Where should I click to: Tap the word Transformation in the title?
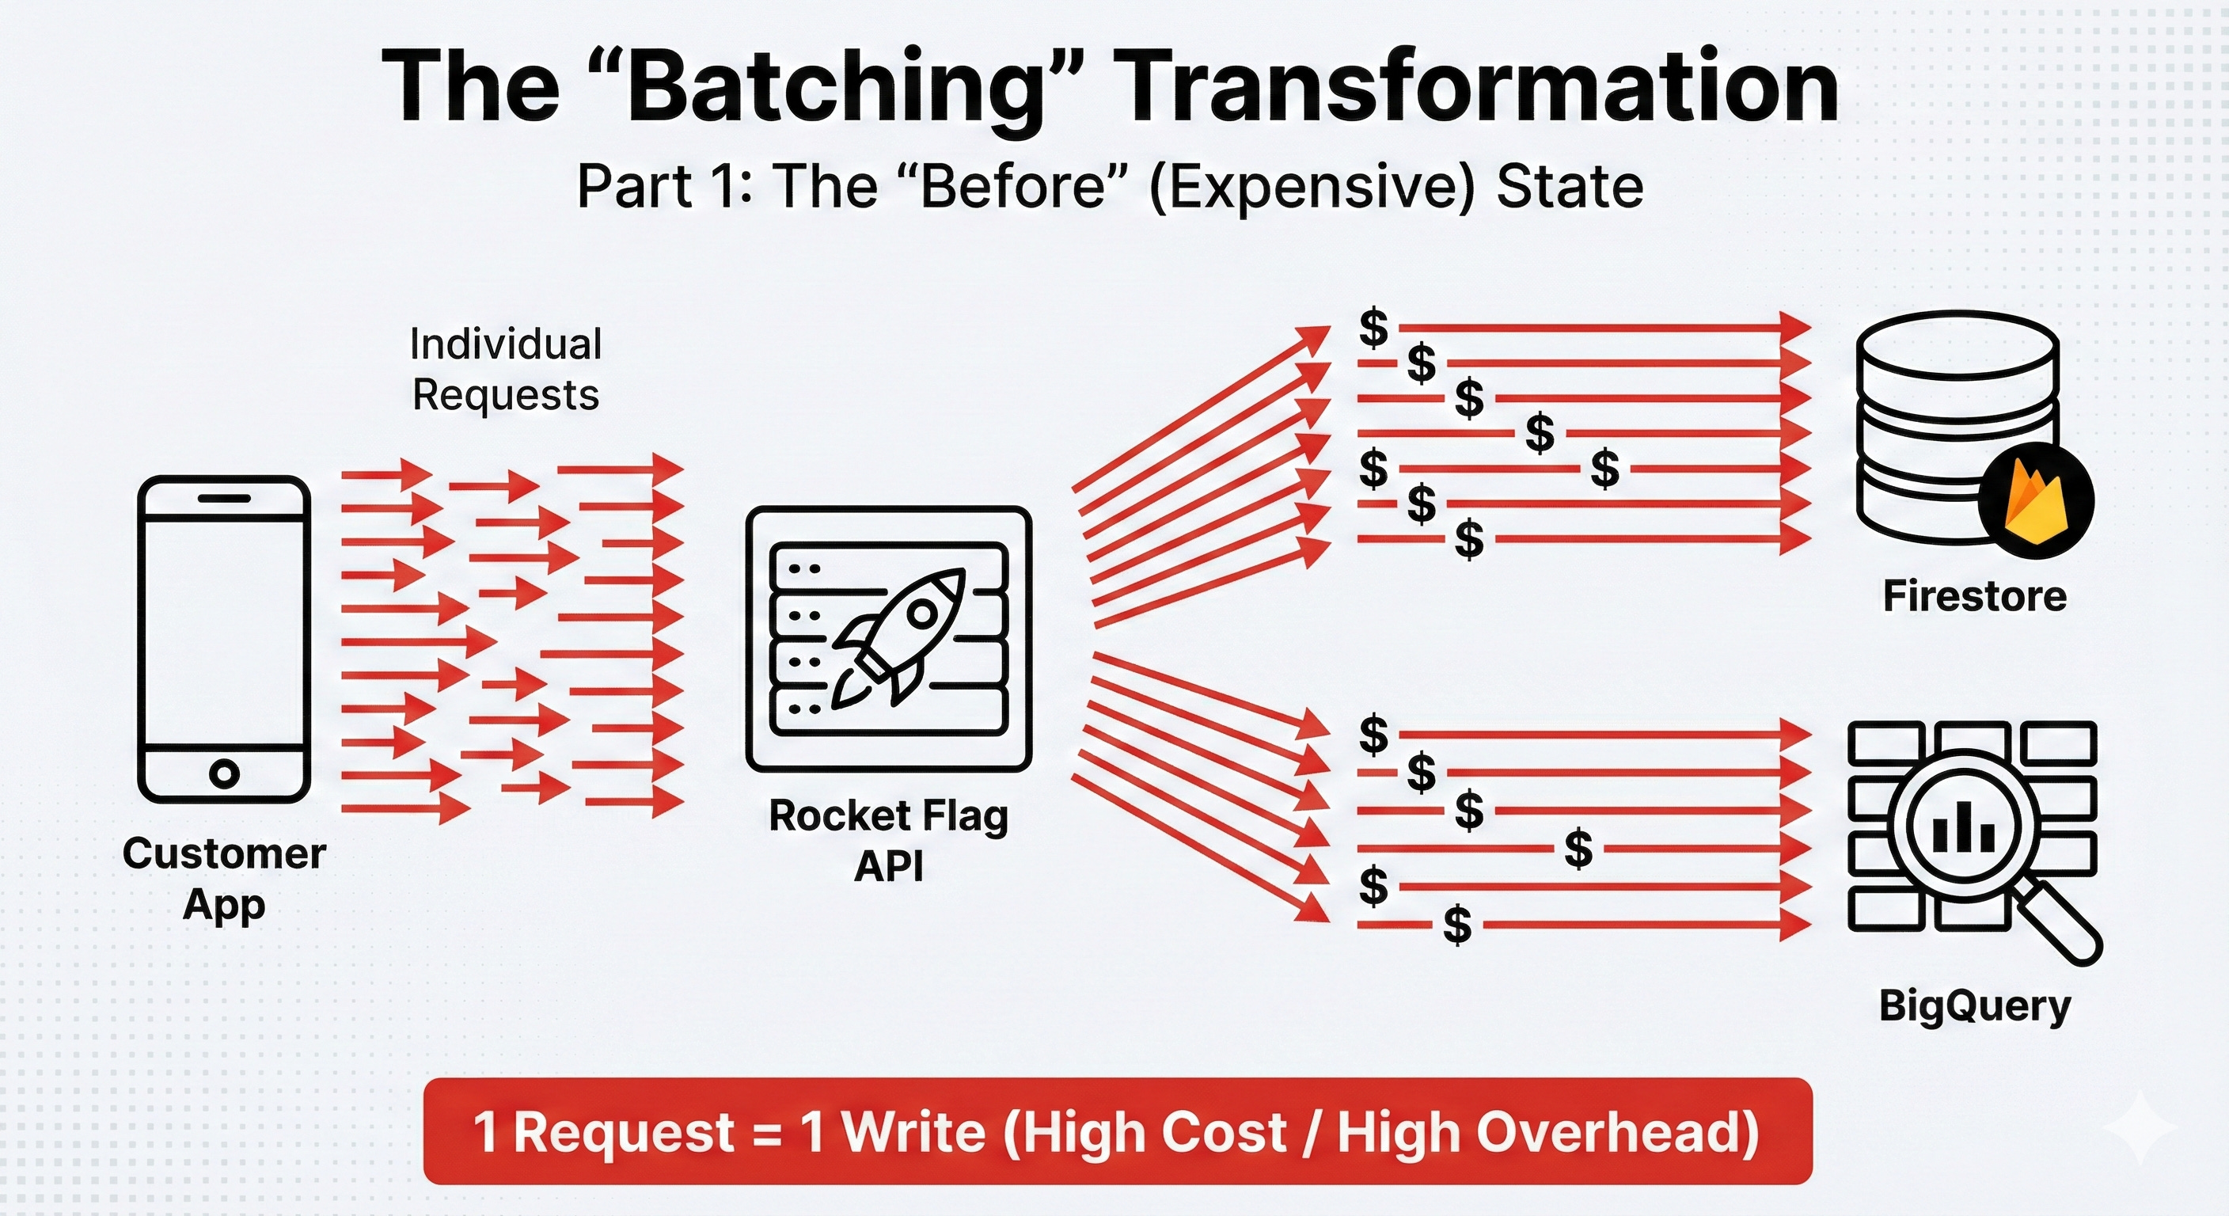[x=1479, y=86]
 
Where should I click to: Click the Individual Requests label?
[x=505, y=370]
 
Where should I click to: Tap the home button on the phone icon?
[x=224, y=773]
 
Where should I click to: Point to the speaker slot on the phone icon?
[x=224, y=499]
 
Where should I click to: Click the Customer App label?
[x=224, y=879]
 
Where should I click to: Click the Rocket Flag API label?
[x=889, y=839]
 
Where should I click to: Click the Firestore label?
[x=1975, y=596]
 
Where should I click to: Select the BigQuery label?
[x=1975, y=1005]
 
